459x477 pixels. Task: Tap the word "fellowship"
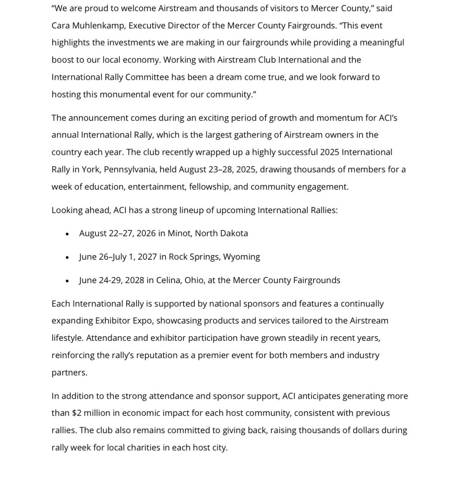[x=209, y=187]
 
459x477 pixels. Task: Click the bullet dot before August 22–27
[x=68, y=234]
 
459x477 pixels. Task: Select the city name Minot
[x=179, y=233]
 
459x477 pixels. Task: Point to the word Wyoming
[x=241, y=256]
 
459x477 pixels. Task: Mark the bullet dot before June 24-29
[x=68, y=281]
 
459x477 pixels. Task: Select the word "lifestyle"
[x=67, y=338]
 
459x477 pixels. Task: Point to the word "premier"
[x=214, y=355]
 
